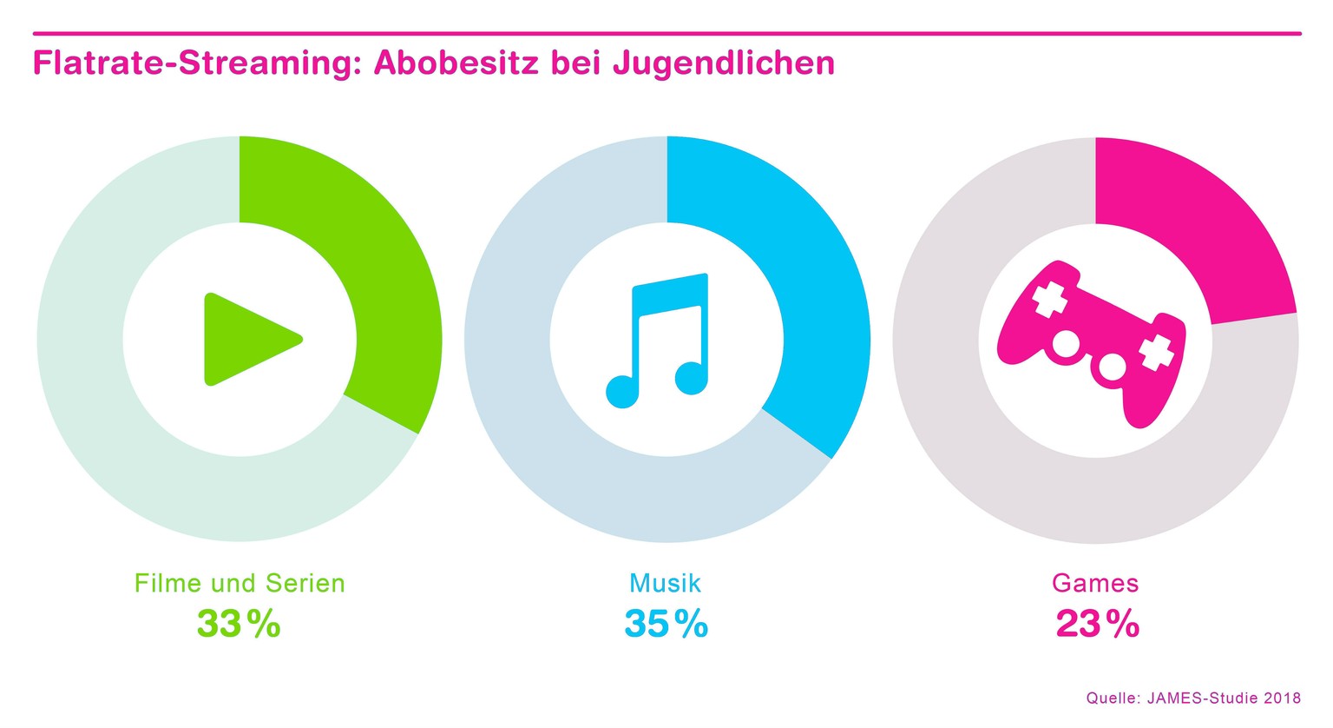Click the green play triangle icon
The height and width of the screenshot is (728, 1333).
(x=247, y=339)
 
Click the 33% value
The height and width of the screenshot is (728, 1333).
(x=239, y=624)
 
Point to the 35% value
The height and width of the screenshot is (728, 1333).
(x=666, y=624)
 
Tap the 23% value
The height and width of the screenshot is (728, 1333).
(x=1097, y=624)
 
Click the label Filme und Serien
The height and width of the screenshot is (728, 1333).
(x=240, y=583)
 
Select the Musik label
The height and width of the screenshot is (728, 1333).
(x=665, y=583)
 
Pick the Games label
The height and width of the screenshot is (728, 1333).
(x=1095, y=583)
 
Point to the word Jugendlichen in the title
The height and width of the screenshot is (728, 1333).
(x=724, y=63)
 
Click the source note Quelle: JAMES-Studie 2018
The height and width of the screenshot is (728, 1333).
(x=1193, y=698)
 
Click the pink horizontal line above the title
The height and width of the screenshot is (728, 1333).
(x=666, y=33)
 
